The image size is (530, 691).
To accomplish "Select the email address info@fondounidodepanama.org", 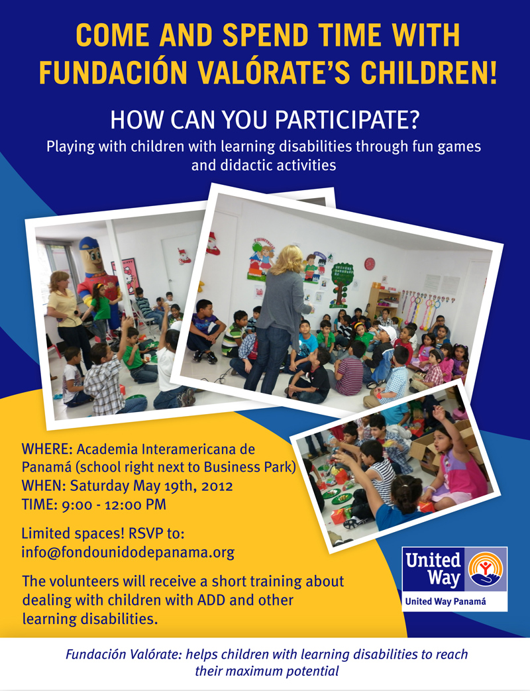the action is click(x=128, y=553).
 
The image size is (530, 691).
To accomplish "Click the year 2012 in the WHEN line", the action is click(x=217, y=486).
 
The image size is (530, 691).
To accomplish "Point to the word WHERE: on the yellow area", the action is click(x=47, y=449).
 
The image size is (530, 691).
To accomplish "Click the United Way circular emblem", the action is click(x=485, y=570).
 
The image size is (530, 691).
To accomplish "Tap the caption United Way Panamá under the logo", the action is click(x=445, y=602).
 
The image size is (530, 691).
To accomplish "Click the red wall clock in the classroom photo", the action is click(x=370, y=264).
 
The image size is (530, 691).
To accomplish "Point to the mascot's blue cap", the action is click(x=91, y=244).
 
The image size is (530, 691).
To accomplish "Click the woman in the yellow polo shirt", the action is click(x=66, y=315).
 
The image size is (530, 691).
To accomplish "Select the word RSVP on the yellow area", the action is click(x=145, y=534).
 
